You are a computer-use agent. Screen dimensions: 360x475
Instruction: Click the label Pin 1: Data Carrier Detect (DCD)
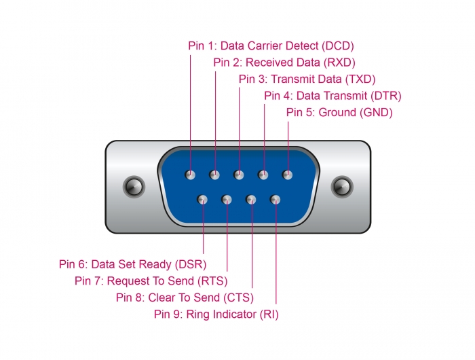pyautogui.click(x=271, y=46)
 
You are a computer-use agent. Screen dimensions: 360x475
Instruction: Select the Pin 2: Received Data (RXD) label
pyautogui.click(x=284, y=62)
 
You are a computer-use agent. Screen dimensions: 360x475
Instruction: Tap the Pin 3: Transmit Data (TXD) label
pyautogui.click(x=307, y=79)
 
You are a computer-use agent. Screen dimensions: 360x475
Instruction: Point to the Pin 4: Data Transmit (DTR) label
pyautogui.click(x=332, y=96)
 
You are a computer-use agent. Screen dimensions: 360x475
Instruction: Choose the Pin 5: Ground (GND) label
pyautogui.click(x=339, y=112)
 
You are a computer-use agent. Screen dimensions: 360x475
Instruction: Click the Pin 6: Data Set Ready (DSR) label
pyautogui.click(x=132, y=264)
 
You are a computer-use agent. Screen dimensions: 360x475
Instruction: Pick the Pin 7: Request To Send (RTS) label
pyautogui.click(x=151, y=281)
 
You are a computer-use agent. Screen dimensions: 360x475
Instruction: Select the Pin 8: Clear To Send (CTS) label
pyautogui.click(x=185, y=298)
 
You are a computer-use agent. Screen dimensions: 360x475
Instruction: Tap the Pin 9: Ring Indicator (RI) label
pyautogui.click(x=216, y=314)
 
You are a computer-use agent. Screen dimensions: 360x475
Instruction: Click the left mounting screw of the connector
pyautogui.click(x=133, y=186)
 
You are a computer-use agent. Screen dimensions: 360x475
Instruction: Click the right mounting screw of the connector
pyautogui.click(x=342, y=186)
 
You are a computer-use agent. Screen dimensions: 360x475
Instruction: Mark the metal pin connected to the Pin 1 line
pyautogui.click(x=191, y=175)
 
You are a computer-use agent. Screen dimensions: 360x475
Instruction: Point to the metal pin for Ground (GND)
pyautogui.click(x=288, y=175)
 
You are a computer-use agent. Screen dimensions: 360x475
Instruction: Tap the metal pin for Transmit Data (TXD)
pyautogui.click(x=239, y=175)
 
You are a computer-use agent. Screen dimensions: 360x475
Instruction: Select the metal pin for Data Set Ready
pyautogui.click(x=203, y=200)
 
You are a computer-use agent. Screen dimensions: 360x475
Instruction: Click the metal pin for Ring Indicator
pyautogui.click(x=275, y=200)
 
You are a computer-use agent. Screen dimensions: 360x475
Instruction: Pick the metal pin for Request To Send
pyautogui.click(x=227, y=200)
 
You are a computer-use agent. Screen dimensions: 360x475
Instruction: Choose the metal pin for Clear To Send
pyautogui.click(x=251, y=200)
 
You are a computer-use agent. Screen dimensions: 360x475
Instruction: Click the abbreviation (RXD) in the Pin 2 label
pyautogui.click(x=339, y=62)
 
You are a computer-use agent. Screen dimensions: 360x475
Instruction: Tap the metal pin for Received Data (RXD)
pyautogui.click(x=214, y=175)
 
